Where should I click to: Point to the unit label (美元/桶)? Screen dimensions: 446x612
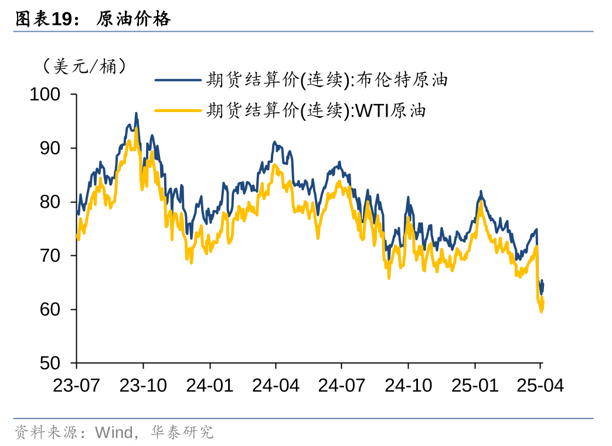pyautogui.click(x=84, y=66)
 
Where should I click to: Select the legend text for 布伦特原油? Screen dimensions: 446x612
pyautogui.click(x=327, y=80)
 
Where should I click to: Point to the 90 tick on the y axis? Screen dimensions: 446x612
pyautogui.click(x=50, y=148)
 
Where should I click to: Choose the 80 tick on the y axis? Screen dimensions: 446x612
pyautogui.click(x=50, y=202)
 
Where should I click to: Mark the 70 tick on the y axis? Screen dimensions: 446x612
pyautogui.click(x=50, y=256)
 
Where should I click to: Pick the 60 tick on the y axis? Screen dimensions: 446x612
pyautogui.click(x=50, y=309)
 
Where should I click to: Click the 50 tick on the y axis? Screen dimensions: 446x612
pyautogui.click(x=50, y=363)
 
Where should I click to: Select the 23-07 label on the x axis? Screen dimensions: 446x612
pyautogui.click(x=77, y=386)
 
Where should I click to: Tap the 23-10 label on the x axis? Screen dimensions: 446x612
pyautogui.click(x=143, y=386)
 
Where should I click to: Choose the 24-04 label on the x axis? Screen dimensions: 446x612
pyautogui.click(x=276, y=386)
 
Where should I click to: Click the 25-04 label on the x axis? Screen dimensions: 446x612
pyautogui.click(x=540, y=386)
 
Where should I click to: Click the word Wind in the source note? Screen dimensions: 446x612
pyautogui.click(x=114, y=433)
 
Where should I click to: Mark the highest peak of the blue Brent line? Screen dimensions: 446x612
pyautogui.click(x=136, y=114)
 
